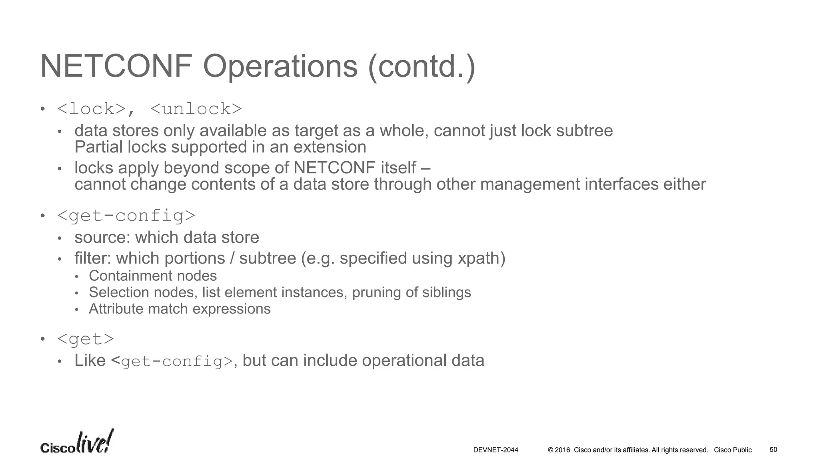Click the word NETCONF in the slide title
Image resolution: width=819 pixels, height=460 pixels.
point(116,66)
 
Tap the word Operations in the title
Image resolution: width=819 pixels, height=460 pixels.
point(280,66)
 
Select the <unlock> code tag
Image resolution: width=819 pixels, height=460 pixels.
point(196,109)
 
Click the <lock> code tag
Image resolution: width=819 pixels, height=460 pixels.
point(92,109)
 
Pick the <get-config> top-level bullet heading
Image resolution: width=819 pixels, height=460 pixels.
point(126,216)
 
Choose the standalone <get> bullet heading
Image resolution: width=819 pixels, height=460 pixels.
point(86,339)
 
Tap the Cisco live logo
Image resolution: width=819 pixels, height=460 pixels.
point(77,442)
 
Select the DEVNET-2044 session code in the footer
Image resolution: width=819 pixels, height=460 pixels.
point(495,450)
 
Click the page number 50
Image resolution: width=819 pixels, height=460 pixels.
point(773,450)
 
